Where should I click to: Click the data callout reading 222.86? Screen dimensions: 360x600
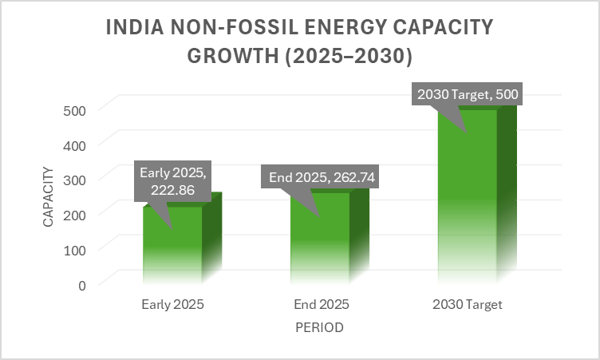pyautogui.click(x=173, y=182)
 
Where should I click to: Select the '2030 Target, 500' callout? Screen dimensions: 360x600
pyautogui.click(x=467, y=95)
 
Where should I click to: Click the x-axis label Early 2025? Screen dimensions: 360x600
pyautogui.click(x=172, y=305)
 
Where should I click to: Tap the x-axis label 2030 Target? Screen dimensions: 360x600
pyautogui.click(x=467, y=305)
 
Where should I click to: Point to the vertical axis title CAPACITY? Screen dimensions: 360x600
pyautogui.click(x=49, y=196)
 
